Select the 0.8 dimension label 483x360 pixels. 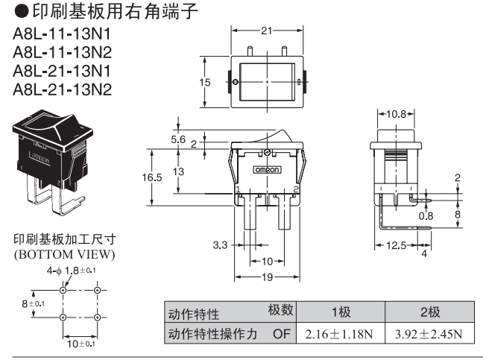click(x=426, y=216)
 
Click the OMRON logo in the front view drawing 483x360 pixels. click(x=268, y=170)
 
